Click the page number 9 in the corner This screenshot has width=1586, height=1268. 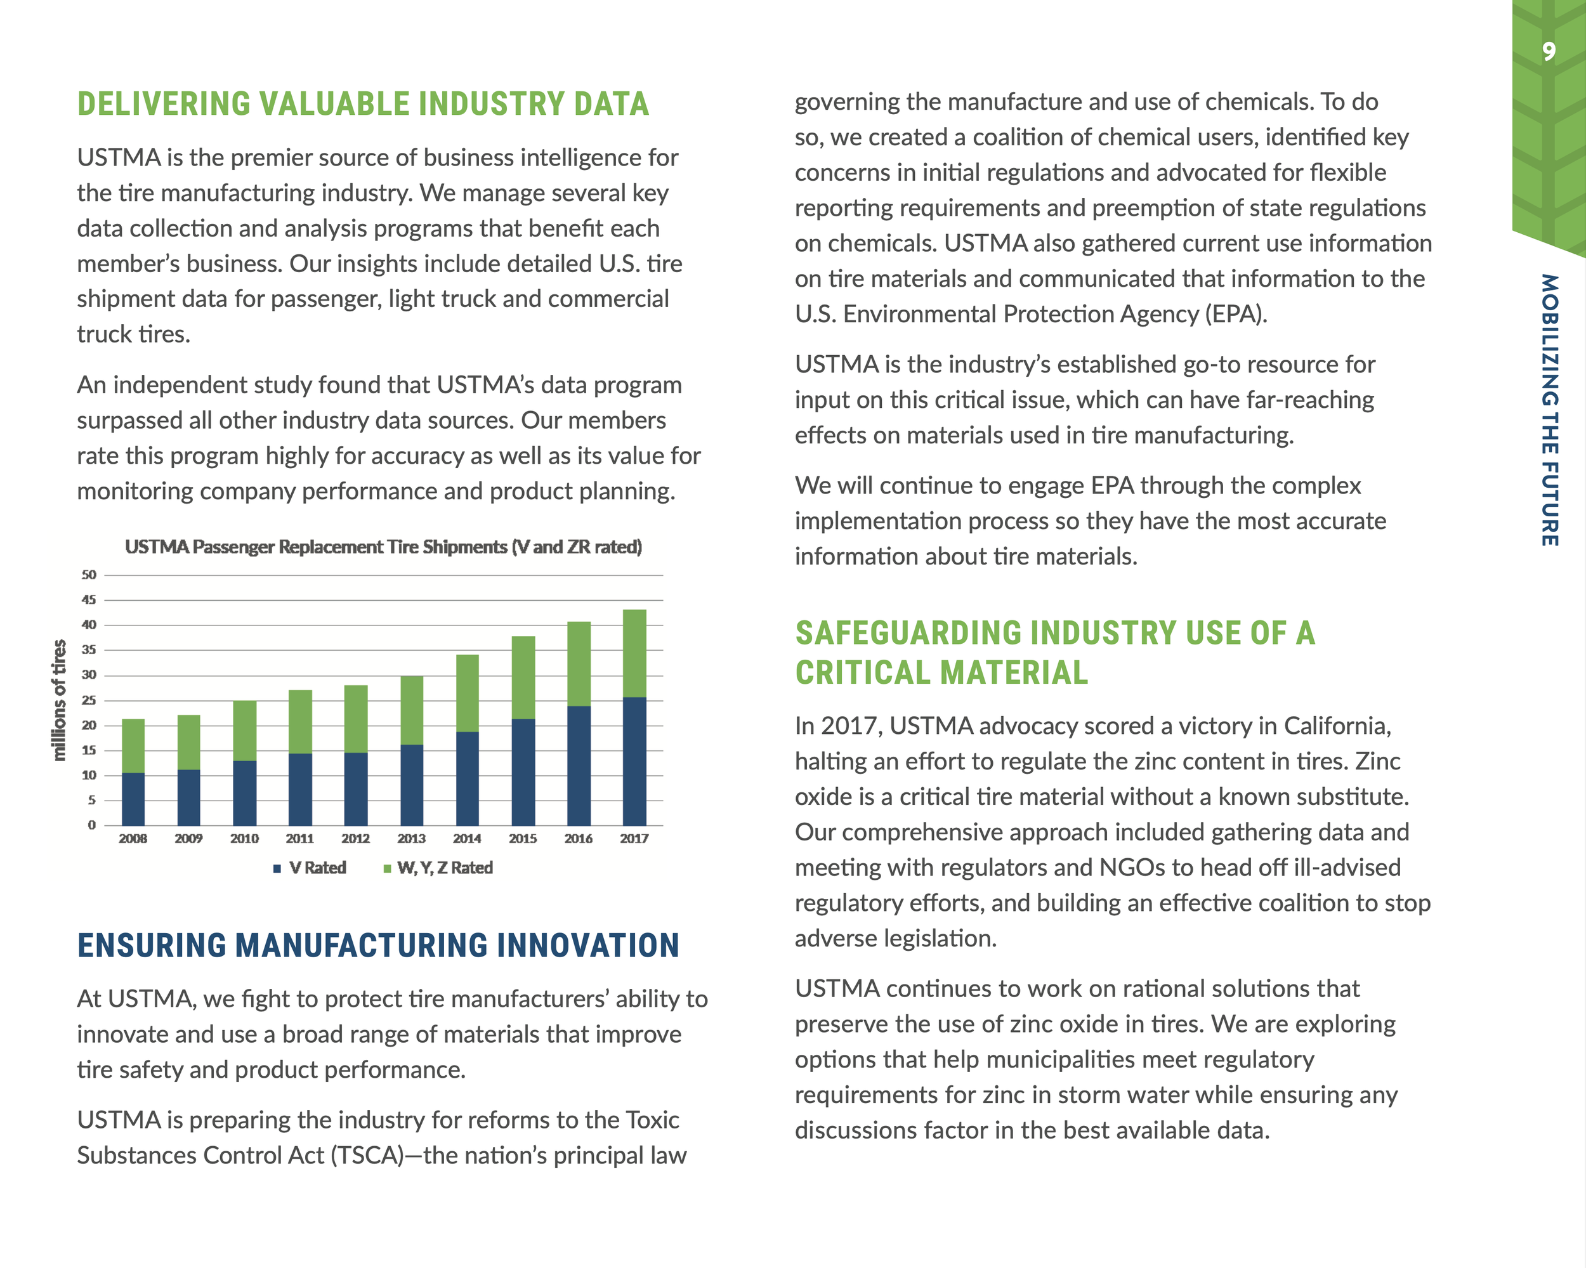click(1549, 51)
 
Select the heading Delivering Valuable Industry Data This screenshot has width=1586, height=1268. click(364, 103)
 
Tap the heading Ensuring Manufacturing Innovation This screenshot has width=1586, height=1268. click(378, 945)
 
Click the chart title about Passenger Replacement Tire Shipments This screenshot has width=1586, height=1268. click(383, 547)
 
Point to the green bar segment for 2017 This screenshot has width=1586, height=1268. click(634, 653)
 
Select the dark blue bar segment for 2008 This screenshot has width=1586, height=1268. click(133, 799)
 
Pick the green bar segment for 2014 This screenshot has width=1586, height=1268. click(467, 693)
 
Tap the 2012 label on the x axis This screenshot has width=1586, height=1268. click(355, 839)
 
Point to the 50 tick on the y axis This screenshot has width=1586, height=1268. click(89, 575)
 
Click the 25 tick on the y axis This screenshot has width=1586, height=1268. click(89, 700)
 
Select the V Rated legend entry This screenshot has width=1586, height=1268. click(310, 868)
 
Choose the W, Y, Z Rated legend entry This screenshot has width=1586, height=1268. click(438, 868)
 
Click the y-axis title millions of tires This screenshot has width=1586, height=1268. click(59, 700)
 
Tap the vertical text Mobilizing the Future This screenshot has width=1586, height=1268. click(1549, 410)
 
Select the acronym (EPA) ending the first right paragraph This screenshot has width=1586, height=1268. click(1235, 314)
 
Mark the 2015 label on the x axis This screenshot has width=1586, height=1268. click(522, 839)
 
